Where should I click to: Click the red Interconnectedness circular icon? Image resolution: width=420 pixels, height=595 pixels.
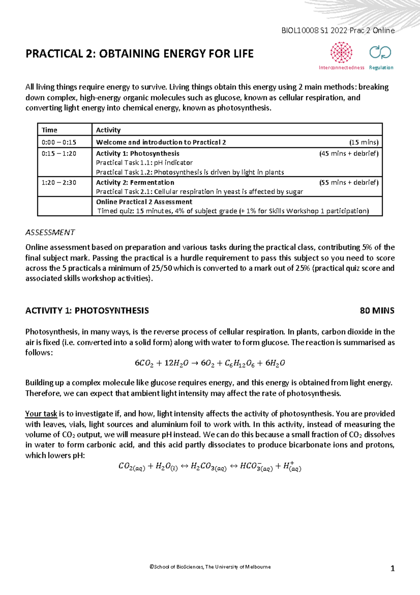tap(341, 53)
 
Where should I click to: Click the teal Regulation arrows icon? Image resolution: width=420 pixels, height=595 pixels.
tap(380, 52)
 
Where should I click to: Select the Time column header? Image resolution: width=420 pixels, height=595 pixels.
tap(49, 130)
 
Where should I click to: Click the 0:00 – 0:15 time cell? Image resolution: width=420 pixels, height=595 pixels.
tap(59, 142)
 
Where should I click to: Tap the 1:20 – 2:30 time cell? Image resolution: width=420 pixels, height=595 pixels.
tap(59, 183)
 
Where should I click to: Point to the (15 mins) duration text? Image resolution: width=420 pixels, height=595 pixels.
tap(364, 142)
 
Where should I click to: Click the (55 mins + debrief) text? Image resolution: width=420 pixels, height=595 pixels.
tap(349, 183)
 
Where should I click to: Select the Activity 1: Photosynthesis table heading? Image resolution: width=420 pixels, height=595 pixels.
tap(138, 153)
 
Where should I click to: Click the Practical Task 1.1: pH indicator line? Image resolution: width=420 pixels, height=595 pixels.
tap(144, 163)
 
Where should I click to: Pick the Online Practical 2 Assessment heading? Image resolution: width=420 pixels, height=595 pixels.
tap(144, 202)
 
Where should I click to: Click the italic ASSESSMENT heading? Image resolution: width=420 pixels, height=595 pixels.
tap(50, 232)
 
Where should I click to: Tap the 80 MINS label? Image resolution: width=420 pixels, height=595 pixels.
tap(377, 311)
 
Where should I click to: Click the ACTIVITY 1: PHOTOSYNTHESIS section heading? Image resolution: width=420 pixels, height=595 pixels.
tap(87, 311)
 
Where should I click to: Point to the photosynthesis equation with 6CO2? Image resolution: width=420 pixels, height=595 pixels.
tap(210, 363)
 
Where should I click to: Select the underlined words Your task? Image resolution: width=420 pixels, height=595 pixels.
tap(41, 414)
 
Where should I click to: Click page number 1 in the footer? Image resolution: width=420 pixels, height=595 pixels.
tap(392, 568)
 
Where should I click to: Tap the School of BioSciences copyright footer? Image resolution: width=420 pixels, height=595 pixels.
tap(210, 567)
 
